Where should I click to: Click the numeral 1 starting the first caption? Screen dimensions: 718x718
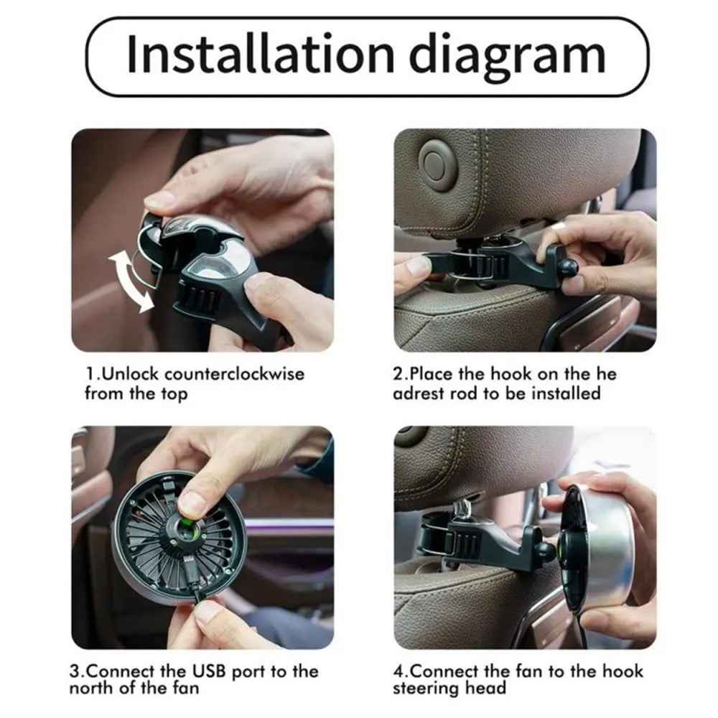point(90,374)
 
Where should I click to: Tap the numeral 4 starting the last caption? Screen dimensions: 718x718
point(398,671)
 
